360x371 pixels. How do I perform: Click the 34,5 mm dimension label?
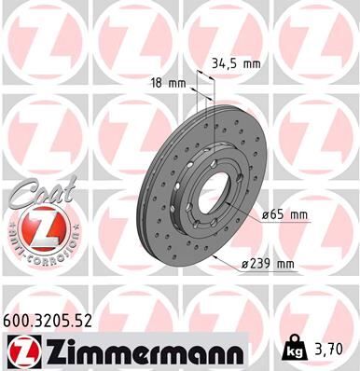[236, 64]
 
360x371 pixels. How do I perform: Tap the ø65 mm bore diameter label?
[284, 215]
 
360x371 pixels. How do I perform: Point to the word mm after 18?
[175, 82]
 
